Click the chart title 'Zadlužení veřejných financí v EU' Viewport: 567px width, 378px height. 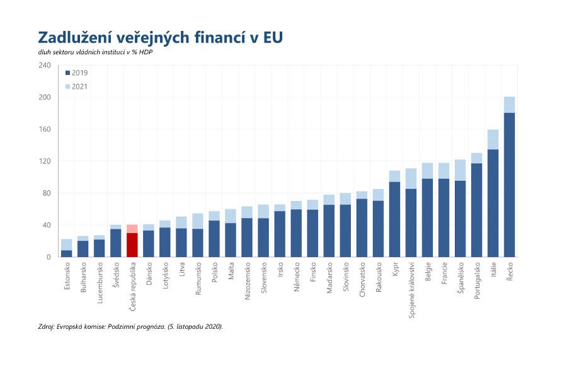pyautogui.click(x=160, y=37)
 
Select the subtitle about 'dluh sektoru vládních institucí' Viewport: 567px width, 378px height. pyautogui.click(x=95, y=52)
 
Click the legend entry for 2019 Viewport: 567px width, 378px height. pyautogui.click(x=76, y=73)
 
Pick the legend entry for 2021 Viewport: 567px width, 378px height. pyautogui.click(x=76, y=86)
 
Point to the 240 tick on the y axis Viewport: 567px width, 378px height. pyautogui.click(x=44, y=66)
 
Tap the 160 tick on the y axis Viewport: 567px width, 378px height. pyautogui.click(x=44, y=129)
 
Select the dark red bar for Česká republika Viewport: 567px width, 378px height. pyautogui.click(x=132, y=245)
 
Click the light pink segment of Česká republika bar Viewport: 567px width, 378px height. pyautogui.click(x=132, y=229)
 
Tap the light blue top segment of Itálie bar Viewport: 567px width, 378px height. pyautogui.click(x=493, y=139)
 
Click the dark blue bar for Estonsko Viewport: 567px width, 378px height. pyautogui.click(x=66, y=253)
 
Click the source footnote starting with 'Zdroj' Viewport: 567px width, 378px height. pyautogui.click(x=130, y=326)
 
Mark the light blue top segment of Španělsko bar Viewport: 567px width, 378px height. pyautogui.click(x=460, y=170)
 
